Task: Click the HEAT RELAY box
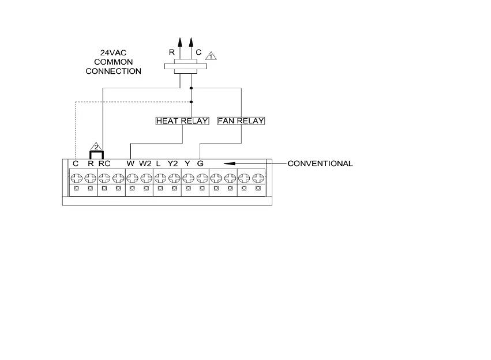(182, 121)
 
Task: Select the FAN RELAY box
(241, 121)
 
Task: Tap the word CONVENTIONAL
(320, 163)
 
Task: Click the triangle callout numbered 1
(211, 57)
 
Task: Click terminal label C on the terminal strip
(76, 163)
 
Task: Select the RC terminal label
(104, 163)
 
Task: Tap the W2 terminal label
(145, 163)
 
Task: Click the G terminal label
(200, 163)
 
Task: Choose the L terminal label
(158, 163)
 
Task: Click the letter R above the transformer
(171, 51)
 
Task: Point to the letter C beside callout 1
(198, 51)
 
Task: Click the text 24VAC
(113, 52)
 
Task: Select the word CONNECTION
(113, 72)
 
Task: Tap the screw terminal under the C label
(76, 175)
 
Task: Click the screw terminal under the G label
(201, 175)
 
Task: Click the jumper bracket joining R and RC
(96, 153)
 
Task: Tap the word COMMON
(113, 62)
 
